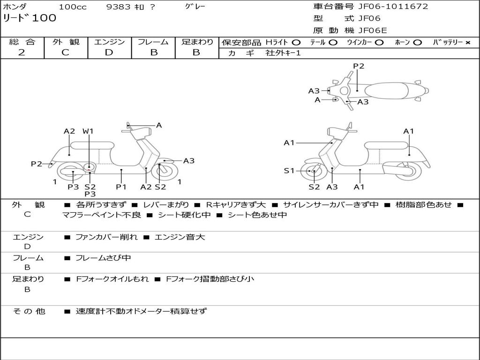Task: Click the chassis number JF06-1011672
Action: [x=393, y=7]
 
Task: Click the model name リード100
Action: [x=30, y=18]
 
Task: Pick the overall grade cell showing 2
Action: [x=22, y=52]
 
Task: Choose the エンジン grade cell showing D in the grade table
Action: [x=109, y=52]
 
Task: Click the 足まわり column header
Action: [x=197, y=42]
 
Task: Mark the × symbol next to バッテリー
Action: [x=467, y=42]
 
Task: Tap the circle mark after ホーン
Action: [x=418, y=42]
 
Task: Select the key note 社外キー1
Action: [x=283, y=53]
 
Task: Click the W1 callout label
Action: [x=88, y=131]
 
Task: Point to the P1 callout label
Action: [x=121, y=187]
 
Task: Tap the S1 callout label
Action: [x=289, y=171]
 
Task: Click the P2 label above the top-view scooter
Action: [x=358, y=66]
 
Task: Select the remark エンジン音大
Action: [x=180, y=237]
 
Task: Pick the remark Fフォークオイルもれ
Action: [x=112, y=279]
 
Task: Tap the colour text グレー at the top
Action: [x=195, y=7]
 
